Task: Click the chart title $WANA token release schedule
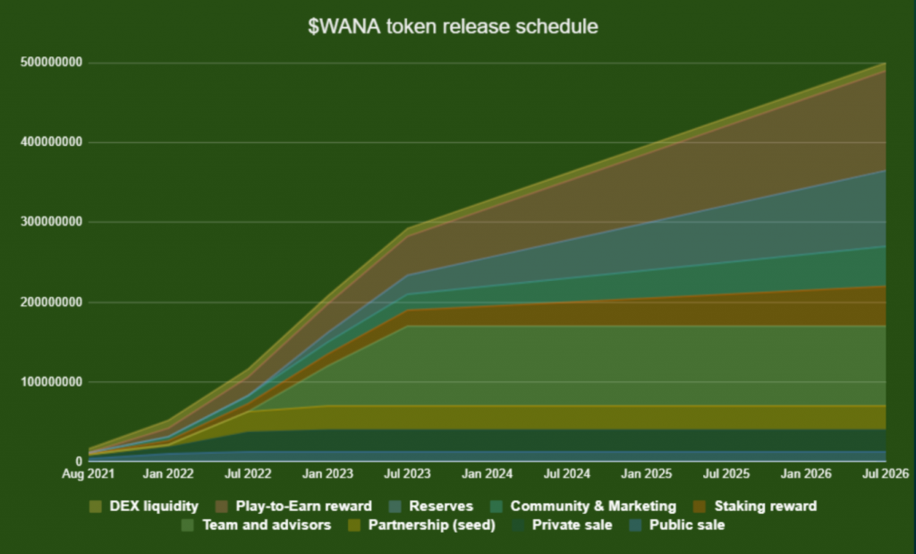pos(453,27)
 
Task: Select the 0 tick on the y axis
pos(79,460)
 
